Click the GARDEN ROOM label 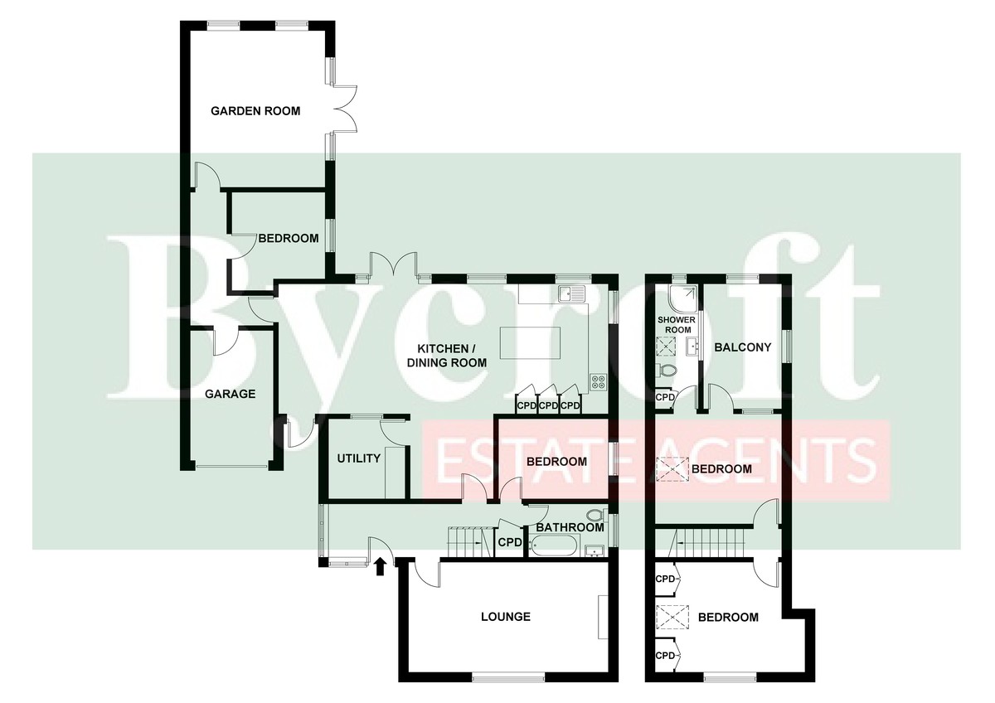click(x=255, y=111)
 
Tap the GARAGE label click(x=231, y=394)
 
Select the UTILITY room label click(x=358, y=458)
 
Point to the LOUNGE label click(x=506, y=617)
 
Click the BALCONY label click(x=742, y=347)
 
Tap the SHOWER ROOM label click(x=676, y=325)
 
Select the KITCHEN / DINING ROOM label click(x=446, y=356)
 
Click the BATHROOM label click(x=570, y=527)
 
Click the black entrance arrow click(x=380, y=567)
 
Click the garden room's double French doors click(x=344, y=109)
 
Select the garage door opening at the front click(x=231, y=466)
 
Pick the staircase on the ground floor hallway click(x=470, y=541)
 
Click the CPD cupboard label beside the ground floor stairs click(x=509, y=542)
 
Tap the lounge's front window click(x=508, y=677)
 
